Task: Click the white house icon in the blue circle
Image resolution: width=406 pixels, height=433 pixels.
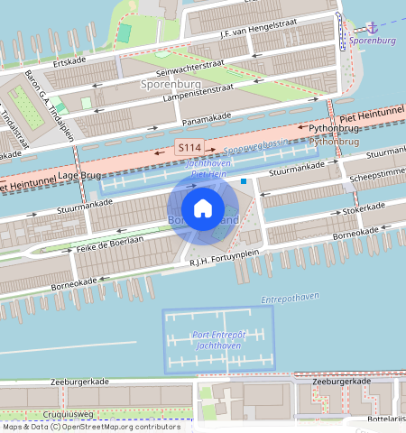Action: [x=203, y=208]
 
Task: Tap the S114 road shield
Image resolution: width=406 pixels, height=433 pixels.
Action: [x=189, y=146]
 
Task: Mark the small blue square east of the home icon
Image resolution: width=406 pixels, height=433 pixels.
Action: [x=244, y=180]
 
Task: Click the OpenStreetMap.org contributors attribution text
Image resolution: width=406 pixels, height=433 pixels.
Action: [x=103, y=427]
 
